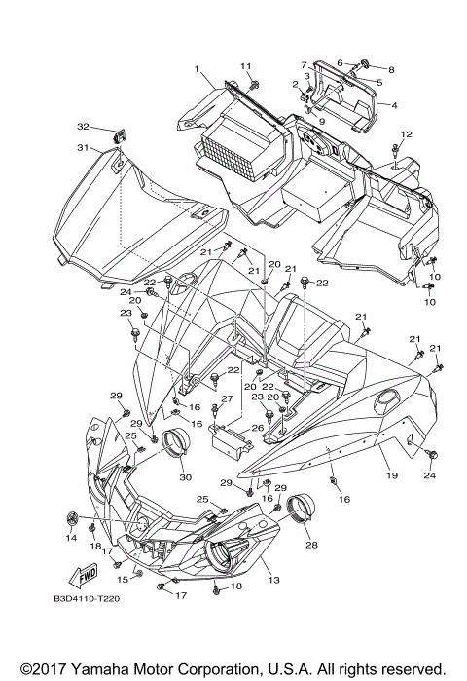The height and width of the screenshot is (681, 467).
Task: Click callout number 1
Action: (197, 69)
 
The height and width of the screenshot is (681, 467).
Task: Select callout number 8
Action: (392, 70)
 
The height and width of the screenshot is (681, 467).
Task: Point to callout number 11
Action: (246, 65)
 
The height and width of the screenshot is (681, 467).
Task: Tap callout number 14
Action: (71, 537)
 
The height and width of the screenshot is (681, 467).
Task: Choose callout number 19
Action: (391, 476)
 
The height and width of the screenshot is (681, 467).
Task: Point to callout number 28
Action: (311, 546)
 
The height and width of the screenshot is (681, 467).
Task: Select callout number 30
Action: (184, 477)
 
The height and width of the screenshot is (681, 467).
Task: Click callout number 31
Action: (83, 148)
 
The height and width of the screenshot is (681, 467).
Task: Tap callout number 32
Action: (83, 127)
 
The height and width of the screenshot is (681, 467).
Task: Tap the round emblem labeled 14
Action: (71, 516)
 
